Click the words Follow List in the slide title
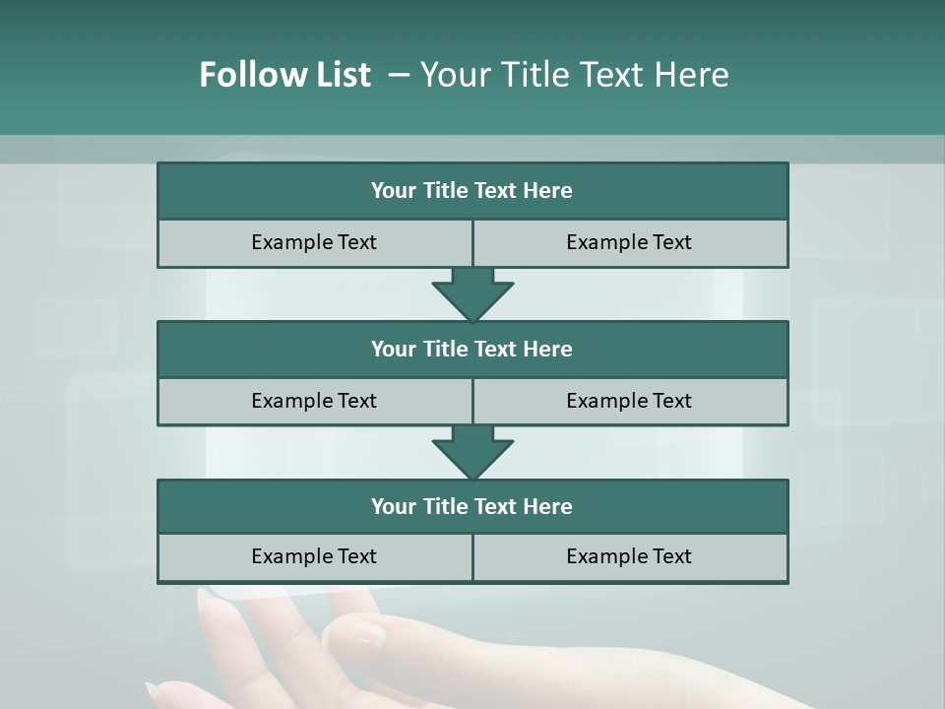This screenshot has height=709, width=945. point(284,75)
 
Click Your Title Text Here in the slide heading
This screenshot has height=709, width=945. point(574,75)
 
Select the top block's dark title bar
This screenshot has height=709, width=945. point(472,191)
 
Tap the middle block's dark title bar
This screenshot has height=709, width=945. point(472,350)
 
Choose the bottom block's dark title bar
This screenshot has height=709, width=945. point(472,507)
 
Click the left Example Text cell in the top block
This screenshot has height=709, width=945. point(314,243)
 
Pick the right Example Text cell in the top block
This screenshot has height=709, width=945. point(629,243)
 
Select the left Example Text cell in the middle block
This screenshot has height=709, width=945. point(314,402)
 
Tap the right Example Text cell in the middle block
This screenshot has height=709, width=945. point(629,402)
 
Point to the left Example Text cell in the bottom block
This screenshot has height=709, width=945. point(314,557)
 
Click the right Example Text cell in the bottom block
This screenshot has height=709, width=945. point(629,557)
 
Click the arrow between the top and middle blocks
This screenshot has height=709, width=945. point(472,293)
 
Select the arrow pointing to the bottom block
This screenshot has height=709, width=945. point(472,452)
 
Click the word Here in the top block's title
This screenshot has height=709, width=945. point(547,191)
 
